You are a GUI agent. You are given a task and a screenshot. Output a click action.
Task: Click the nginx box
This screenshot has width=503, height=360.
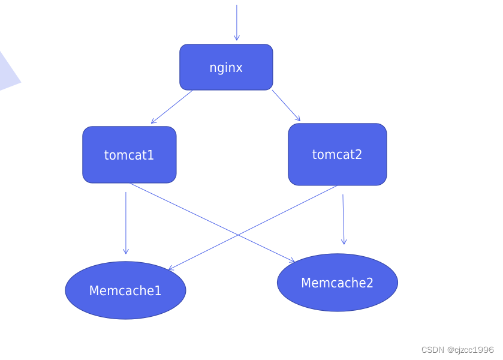(x=226, y=67)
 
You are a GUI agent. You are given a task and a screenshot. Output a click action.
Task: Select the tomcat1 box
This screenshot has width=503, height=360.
(x=129, y=155)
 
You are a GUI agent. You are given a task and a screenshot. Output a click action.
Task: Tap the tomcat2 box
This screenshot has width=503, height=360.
(x=337, y=154)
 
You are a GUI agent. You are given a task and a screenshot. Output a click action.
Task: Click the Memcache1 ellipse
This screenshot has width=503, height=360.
(x=125, y=290)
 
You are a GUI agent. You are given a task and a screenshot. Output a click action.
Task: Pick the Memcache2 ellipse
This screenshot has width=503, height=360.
(x=337, y=283)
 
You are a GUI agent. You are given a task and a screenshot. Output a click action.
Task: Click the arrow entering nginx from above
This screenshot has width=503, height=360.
(x=236, y=21)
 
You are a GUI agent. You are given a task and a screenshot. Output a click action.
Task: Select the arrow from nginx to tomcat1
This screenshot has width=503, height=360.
(x=172, y=107)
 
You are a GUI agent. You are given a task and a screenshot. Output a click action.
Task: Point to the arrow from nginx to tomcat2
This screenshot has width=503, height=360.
(x=286, y=106)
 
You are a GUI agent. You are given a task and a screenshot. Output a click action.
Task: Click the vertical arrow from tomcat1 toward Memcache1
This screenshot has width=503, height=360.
(x=126, y=222)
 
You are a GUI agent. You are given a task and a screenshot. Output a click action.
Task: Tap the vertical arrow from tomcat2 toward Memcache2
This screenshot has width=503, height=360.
(x=344, y=219)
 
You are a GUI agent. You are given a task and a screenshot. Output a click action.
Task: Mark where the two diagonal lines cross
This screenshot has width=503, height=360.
(x=237, y=235)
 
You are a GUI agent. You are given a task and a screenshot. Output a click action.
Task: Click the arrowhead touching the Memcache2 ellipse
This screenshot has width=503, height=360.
(x=292, y=261)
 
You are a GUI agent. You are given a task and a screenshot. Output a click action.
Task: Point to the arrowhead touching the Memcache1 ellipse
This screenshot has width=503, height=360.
(x=171, y=268)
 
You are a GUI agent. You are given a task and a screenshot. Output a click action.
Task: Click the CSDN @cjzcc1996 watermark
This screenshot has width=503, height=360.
(x=457, y=350)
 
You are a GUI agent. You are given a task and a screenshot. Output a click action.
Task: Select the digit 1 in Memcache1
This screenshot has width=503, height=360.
(x=158, y=291)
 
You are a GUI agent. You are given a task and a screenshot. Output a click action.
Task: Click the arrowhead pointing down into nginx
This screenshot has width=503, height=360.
(x=236, y=38)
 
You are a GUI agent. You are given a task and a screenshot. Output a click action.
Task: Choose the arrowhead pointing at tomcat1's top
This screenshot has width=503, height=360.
(x=154, y=121)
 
